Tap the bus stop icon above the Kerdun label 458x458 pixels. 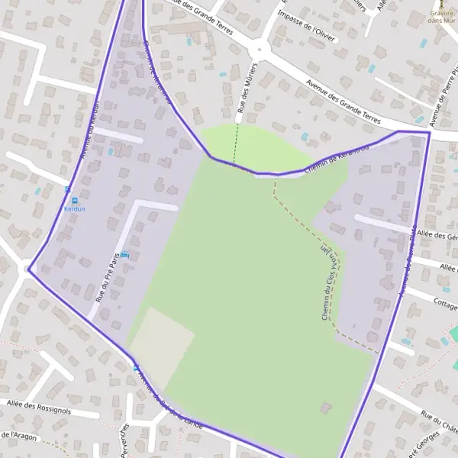67,189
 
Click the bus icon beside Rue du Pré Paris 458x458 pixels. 124,255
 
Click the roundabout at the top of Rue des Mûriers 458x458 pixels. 260,50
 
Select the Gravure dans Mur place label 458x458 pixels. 441,17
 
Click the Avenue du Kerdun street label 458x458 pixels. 90,131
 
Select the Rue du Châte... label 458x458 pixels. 438,421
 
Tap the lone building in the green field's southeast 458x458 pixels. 326,408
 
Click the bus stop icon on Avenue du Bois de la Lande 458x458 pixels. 137,368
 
